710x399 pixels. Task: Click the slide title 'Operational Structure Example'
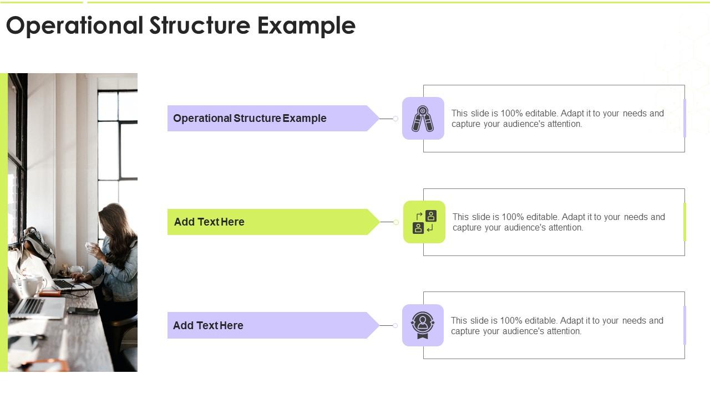[180, 25]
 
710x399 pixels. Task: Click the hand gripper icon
[423, 119]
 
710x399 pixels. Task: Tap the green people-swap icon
[424, 222]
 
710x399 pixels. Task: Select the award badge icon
[423, 325]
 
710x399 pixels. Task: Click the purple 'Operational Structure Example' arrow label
[267, 119]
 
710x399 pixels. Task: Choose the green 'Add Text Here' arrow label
[267, 222]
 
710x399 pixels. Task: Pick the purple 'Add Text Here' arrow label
[267, 325]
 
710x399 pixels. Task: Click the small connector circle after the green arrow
[396, 222]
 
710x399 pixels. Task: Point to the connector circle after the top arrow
[395, 119]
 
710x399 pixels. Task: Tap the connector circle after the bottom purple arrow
[395, 325]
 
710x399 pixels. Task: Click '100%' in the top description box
[512, 114]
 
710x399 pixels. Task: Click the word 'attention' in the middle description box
[564, 228]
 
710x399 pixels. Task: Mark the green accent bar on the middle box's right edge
[684, 222]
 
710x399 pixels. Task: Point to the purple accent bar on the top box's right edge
[684, 119]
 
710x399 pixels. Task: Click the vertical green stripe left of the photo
[4, 222]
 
